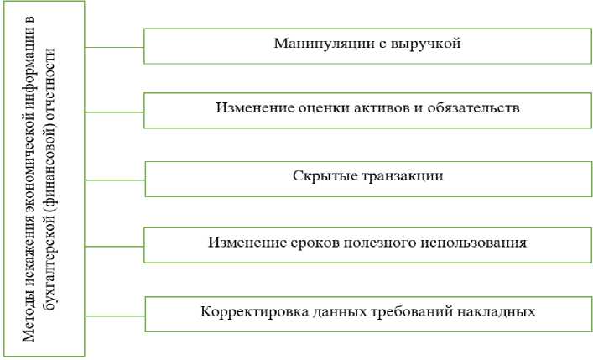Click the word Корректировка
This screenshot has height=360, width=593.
(246, 312)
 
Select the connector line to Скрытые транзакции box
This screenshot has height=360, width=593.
(115, 180)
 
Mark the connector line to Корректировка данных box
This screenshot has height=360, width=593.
(115, 316)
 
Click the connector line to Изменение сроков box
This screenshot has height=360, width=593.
(115, 248)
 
